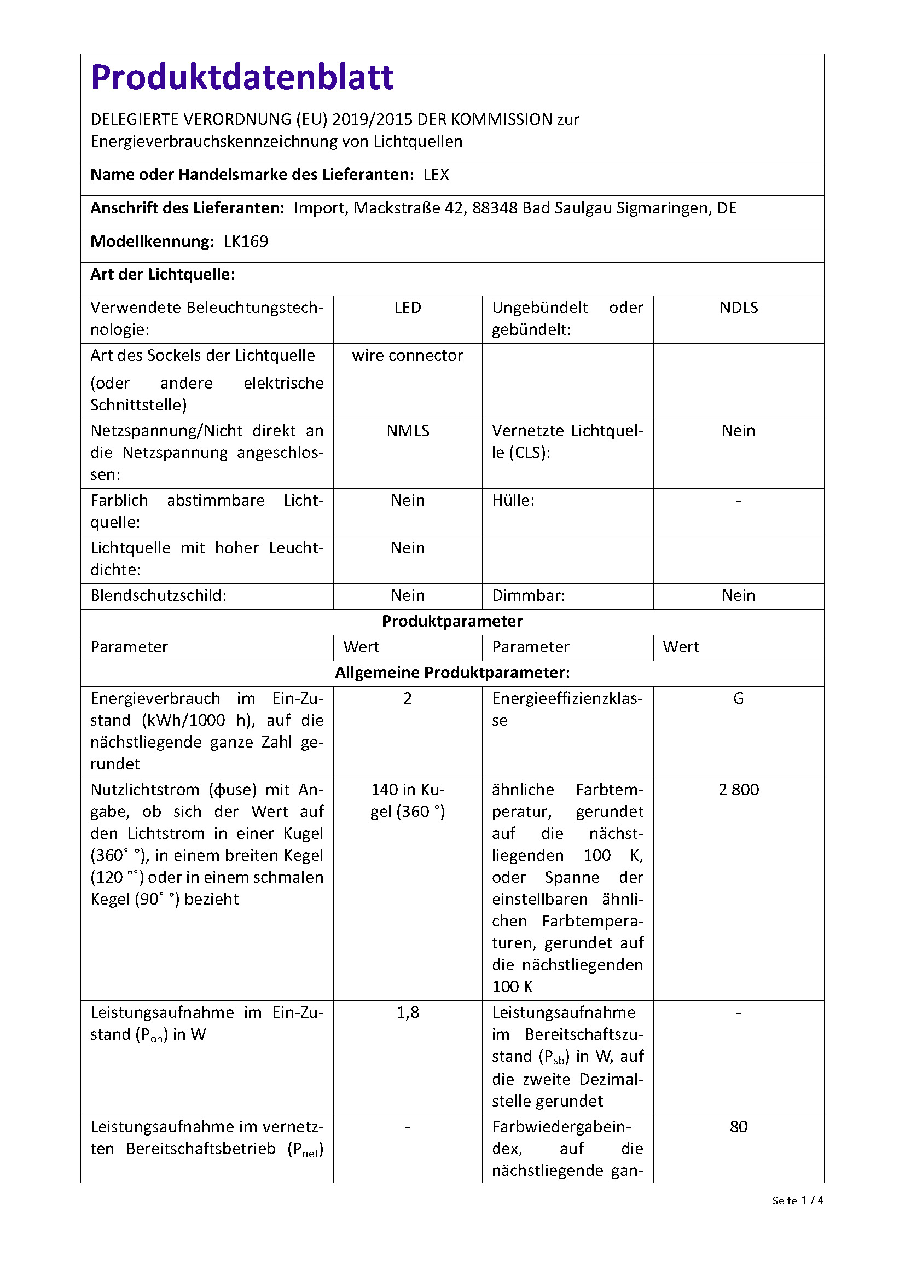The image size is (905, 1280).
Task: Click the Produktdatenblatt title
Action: (x=242, y=78)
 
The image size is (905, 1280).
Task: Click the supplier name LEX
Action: (x=436, y=175)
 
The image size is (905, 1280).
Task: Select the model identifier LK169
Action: (x=246, y=241)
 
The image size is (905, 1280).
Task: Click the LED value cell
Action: (x=408, y=308)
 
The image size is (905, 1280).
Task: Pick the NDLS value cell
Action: (x=738, y=308)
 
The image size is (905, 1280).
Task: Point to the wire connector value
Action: (x=408, y=356)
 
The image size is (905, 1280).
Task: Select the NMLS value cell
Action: (x=408, y=431)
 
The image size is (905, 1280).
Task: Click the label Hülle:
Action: (x=513, y=501)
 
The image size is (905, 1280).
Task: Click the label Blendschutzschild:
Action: (x=158, y=596)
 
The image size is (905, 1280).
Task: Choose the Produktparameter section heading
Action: (x=452, y=622)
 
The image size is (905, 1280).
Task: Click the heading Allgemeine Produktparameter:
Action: (x=452, y=673)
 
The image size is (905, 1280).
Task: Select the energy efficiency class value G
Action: (x=738, y=698)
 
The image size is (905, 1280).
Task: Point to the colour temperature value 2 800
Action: (x=738, y=790)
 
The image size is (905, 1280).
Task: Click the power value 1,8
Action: (x=408, y=1013)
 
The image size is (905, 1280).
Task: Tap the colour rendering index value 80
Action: (x=738, y=1127)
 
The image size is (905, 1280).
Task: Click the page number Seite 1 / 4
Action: (x=797, y=1200)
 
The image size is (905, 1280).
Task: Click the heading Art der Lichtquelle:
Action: (x=163, y=274)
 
